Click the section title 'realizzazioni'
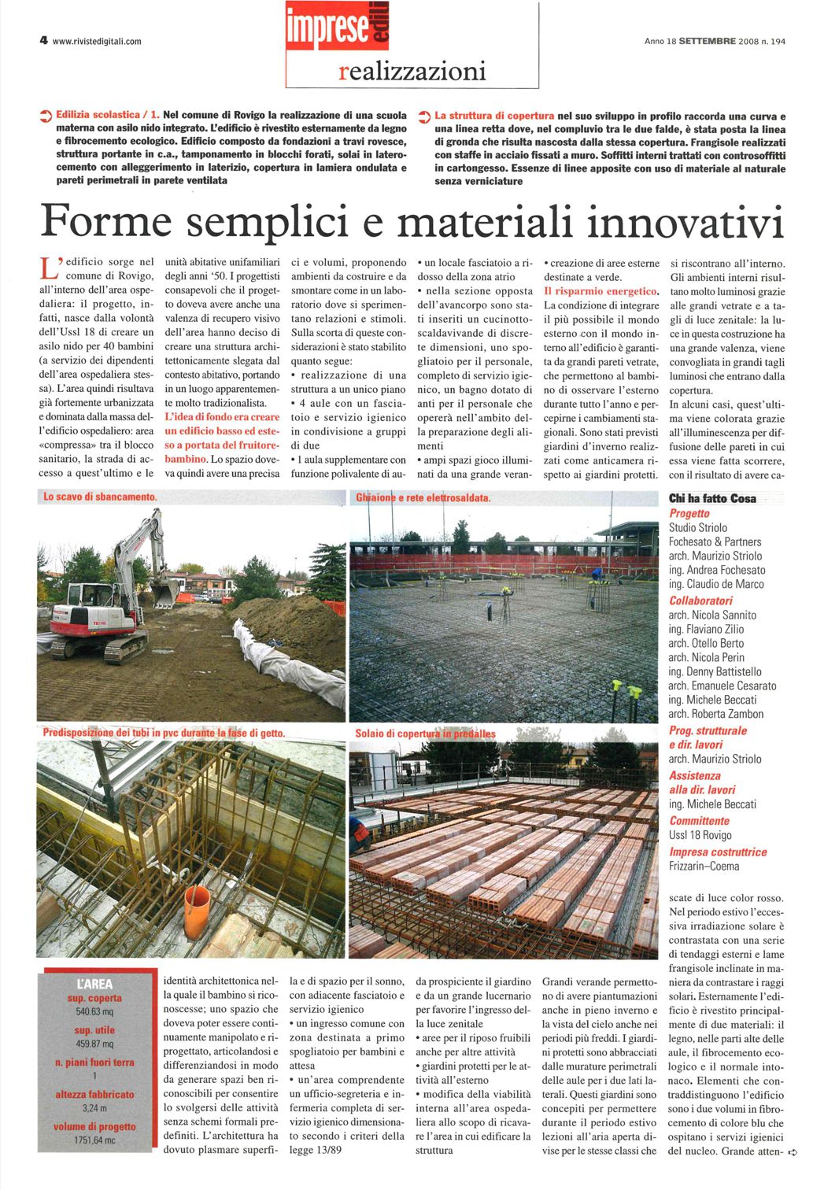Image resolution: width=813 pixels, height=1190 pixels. (412, 72)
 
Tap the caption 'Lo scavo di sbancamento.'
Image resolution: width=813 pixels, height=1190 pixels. (100, 497)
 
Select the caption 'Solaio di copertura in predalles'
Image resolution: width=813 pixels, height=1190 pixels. (425, 734)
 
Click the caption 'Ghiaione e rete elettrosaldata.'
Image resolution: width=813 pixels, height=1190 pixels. (423, 497)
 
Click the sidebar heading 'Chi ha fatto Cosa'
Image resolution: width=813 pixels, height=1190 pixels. (711, 498)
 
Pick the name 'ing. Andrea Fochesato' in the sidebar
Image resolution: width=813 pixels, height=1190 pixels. (716, 570)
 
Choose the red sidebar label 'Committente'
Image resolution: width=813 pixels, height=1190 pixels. (700, 821)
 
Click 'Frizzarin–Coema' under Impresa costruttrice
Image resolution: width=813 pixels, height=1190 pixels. (704, 867)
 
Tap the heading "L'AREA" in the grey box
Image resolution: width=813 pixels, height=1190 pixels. (94, 984)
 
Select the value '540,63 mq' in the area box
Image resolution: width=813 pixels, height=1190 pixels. (94, 1011)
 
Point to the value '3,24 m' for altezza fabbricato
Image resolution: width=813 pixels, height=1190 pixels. (94, 1108)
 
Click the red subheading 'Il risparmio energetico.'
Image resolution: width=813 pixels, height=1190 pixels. (601, 291)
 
